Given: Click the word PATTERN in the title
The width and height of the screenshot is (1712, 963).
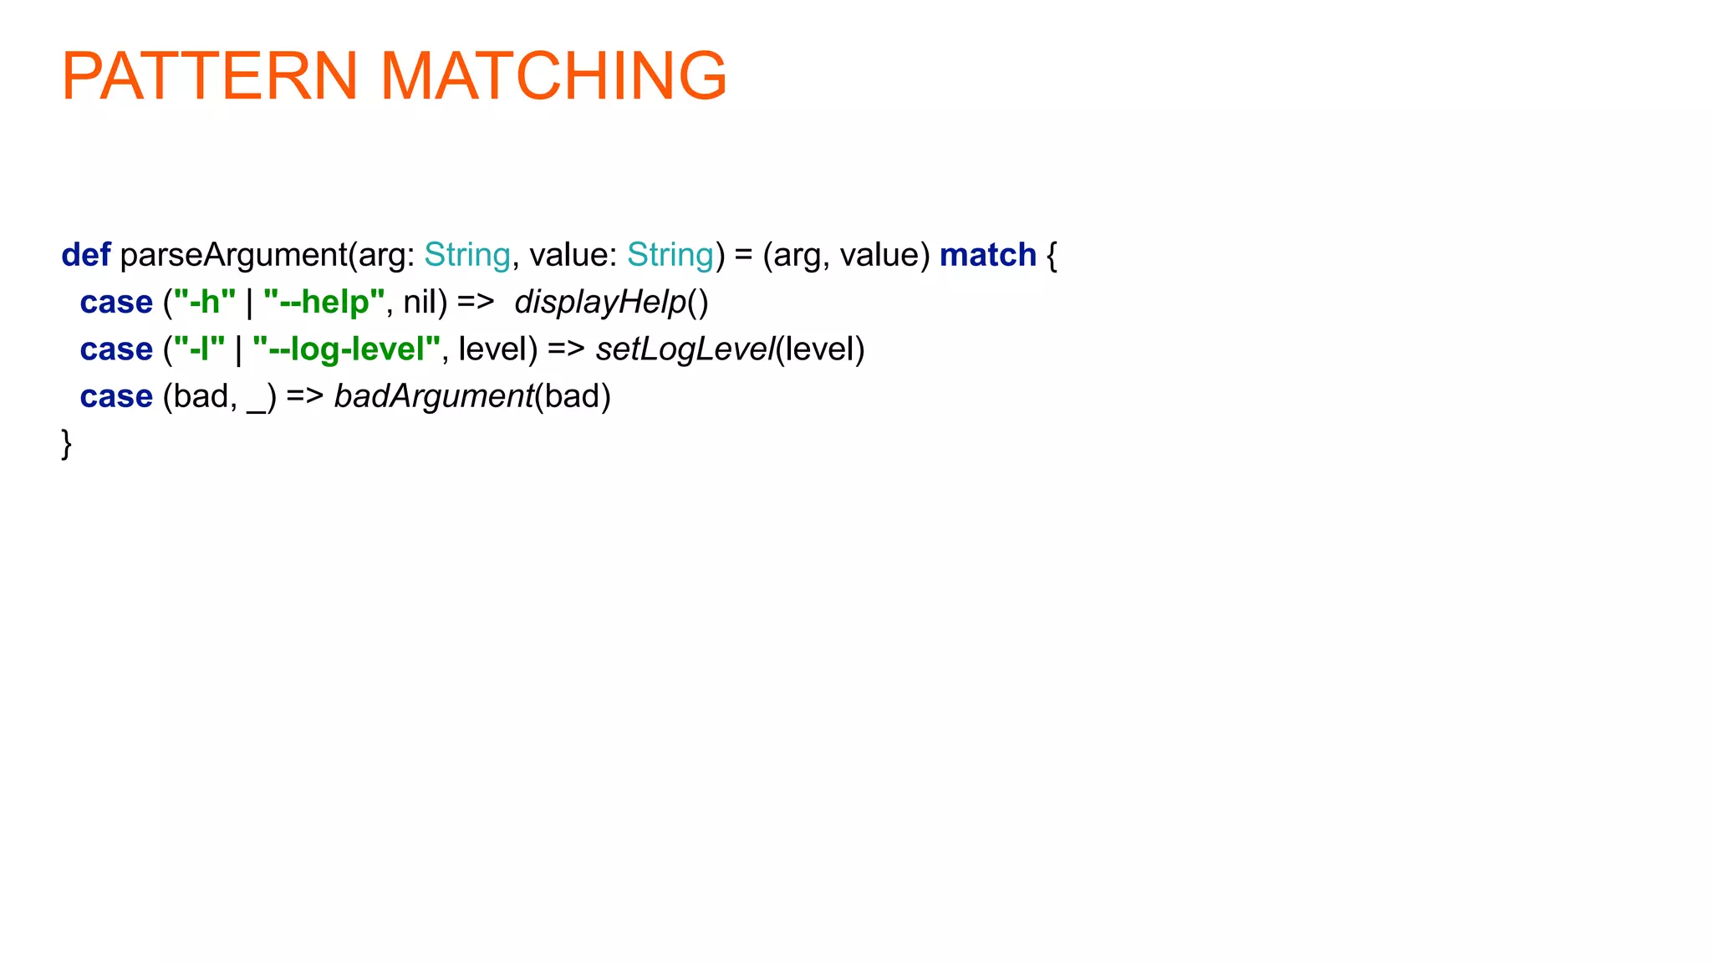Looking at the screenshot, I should [210, 76].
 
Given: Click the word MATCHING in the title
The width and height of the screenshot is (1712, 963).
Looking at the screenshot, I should [553, 76].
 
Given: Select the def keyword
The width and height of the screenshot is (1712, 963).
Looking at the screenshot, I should [85, 255].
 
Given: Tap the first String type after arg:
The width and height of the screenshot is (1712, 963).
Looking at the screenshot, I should [466, 255].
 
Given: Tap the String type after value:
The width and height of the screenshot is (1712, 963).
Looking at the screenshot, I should [670, 255].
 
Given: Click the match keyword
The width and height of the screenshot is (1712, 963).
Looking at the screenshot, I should [987, 255].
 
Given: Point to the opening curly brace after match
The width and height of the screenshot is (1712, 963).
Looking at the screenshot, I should [1052, 255].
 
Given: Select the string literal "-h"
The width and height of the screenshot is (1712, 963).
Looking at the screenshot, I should [204, 302].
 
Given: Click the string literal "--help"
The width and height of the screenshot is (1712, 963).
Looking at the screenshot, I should [324, 302].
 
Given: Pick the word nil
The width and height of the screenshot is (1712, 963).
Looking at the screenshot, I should [420, 302].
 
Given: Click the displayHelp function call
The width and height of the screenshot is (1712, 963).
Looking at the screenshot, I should [600, 302].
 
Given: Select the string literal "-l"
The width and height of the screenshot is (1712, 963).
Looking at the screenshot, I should [199, 349].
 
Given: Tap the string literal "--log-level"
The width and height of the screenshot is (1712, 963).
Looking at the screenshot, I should [346, 349].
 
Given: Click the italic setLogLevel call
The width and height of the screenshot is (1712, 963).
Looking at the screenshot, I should [685, 349].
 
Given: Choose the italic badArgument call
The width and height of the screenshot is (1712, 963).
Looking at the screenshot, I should [433, 396].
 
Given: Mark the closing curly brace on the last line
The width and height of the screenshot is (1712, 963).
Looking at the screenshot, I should [67, 443].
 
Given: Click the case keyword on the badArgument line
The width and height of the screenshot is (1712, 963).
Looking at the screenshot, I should [116, 396].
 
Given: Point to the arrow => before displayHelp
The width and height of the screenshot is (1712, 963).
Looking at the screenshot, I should [476, 302].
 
